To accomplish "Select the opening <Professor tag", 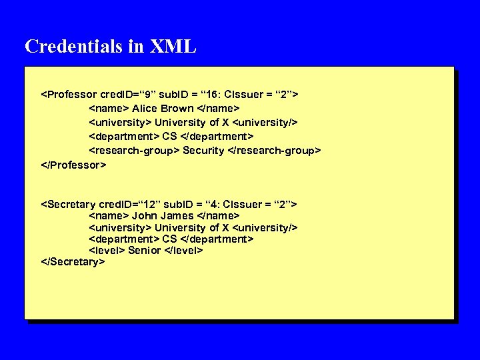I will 69,94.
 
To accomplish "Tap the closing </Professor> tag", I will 73,164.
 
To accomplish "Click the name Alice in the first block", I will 145,108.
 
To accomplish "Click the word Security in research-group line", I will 203,150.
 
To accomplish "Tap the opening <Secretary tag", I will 69,203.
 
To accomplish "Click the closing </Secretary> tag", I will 73,262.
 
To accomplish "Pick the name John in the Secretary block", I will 144,215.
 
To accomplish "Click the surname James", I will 177,215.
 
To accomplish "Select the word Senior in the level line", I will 145,250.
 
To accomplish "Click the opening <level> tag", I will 107,250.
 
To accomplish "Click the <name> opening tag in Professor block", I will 109,108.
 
